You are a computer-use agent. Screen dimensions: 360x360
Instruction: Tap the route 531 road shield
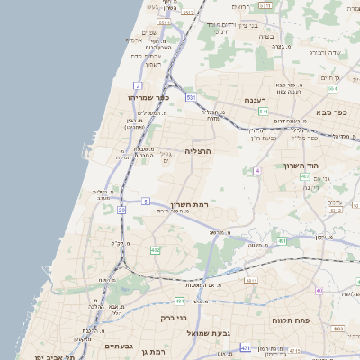191,96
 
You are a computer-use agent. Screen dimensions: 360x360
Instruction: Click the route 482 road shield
156,250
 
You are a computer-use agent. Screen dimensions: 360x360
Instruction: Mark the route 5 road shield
146,202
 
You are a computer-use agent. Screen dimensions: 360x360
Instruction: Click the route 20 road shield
121,210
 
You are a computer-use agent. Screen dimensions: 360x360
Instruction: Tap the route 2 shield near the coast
138,85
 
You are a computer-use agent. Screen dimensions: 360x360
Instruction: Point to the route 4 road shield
257,169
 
